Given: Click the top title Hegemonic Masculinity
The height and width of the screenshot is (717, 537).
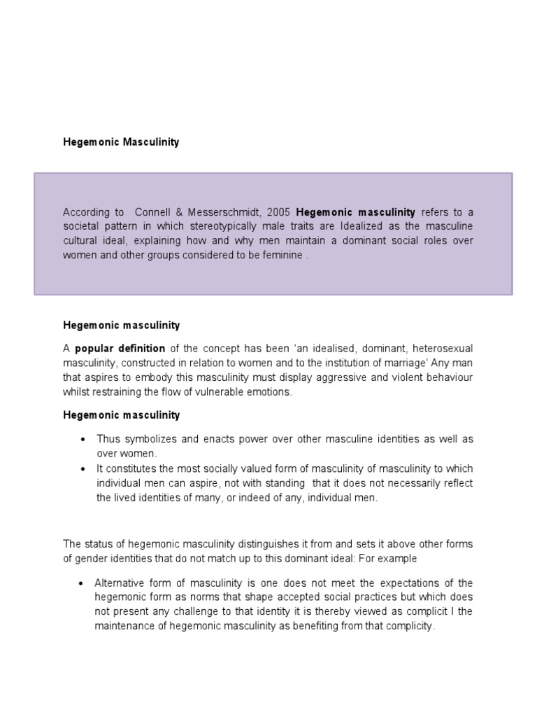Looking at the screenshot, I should pyautogui.click(x=121, y=142).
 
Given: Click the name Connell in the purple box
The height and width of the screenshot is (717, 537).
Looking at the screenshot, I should pyautogui.click(x=153, y=211).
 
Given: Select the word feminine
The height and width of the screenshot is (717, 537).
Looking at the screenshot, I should pyautogui.click(x=279, y=255).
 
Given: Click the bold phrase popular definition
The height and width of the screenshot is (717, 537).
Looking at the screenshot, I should pyautogui.click(x=120, y=349).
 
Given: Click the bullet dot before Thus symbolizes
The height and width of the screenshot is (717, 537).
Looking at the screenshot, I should pyautogui.click(x=83, y=440).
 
